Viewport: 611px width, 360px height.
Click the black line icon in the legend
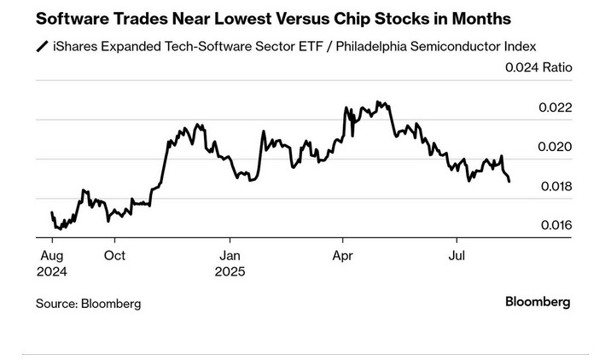point(41,46)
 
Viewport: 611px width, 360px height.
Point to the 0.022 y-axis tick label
point(555,107)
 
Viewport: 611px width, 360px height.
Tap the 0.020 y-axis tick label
point(555,147)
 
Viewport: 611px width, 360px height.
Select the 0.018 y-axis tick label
point(555,186)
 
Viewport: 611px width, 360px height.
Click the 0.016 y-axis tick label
point(555,225)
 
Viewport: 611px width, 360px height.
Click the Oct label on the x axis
point(115,256)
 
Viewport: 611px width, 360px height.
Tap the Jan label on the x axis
point(230,256)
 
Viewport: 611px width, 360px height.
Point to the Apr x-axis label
point(343,256)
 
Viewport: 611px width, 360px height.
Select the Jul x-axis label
point(457,256)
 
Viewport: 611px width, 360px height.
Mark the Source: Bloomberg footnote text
point(88,304)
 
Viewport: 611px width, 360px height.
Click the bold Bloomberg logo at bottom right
point(538,301)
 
